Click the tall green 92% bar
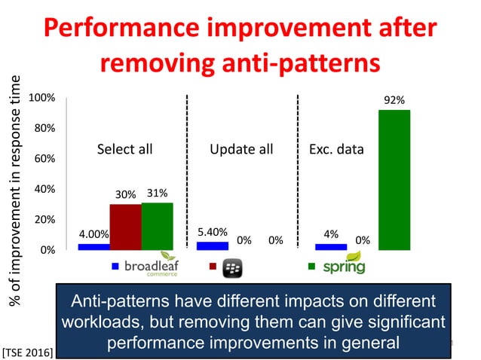(x=394, y=179)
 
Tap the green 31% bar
(x=157, y=226)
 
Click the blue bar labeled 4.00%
(x=93, y=246)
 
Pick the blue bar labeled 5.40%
(x=212, y=246)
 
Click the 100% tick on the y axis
(x=41, y=98)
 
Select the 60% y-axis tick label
(x=42, y=159)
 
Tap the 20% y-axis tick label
(x=42, y=219)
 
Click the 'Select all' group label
(x=124, y=149)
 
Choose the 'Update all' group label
(x=241, y=149)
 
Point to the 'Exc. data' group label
(x=336, y=149)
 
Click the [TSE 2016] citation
(x=27, y=350)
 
